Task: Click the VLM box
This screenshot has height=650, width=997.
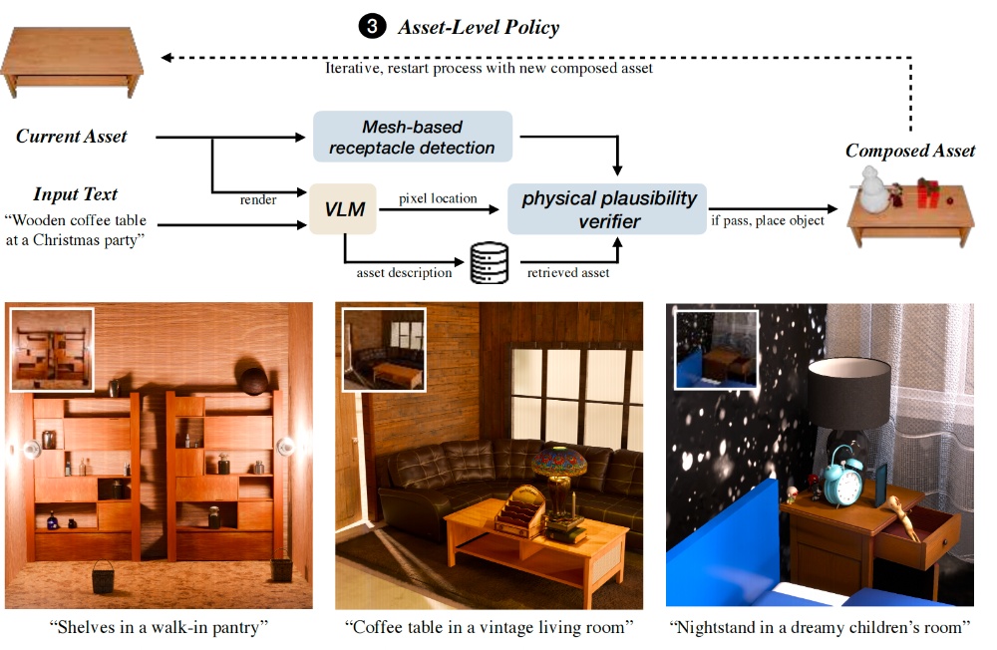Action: click(x=344, y=209)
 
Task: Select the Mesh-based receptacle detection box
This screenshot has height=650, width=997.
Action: click(x=413, y=138)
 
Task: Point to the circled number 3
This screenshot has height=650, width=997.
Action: click(x=371, y=27)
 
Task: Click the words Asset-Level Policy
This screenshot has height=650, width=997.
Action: click(x=479, y=27)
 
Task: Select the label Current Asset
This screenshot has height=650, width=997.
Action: click(x=72, y=136)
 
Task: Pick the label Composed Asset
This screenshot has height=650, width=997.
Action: click(x=910, y=151)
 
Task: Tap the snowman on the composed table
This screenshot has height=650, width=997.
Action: click(x=874, y=190)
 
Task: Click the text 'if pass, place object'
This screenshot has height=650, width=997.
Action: click(x=767, y=219)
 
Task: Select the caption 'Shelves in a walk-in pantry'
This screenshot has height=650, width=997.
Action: click(x=160, y=627)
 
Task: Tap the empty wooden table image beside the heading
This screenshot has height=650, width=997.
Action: click(x=72, y=64)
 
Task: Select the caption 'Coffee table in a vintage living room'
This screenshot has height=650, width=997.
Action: click(x=490, y=627)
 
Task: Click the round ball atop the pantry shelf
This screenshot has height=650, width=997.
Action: click(x=250, y=380)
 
